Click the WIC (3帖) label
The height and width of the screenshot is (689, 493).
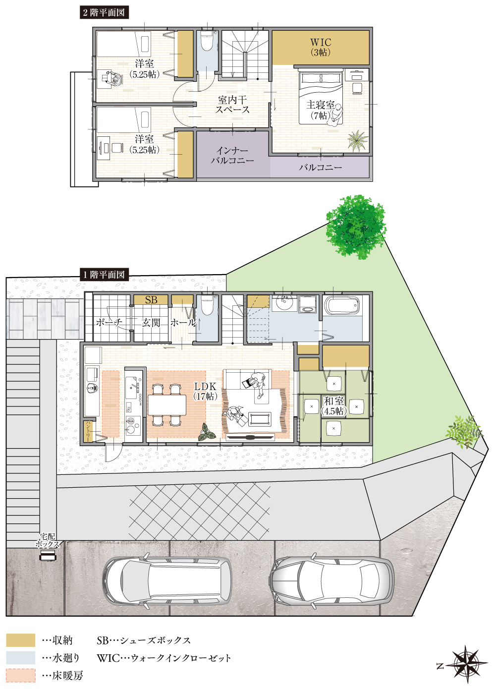321,47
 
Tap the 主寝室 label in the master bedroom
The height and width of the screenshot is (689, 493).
321,105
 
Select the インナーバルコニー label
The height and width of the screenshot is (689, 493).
232,155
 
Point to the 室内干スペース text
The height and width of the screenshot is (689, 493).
232,105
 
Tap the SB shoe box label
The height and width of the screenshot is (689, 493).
151,300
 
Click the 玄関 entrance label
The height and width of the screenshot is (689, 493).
151,323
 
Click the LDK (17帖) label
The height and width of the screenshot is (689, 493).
205,391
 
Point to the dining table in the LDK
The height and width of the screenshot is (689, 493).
167,405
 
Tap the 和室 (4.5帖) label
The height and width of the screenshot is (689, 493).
333,406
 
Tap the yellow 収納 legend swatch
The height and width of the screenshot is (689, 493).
21,640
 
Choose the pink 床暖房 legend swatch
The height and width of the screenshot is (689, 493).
21,676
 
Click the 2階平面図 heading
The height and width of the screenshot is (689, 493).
104,12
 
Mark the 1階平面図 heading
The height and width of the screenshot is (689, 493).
104,275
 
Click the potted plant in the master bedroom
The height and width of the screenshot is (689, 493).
358,140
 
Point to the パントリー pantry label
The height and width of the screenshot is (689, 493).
88,432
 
